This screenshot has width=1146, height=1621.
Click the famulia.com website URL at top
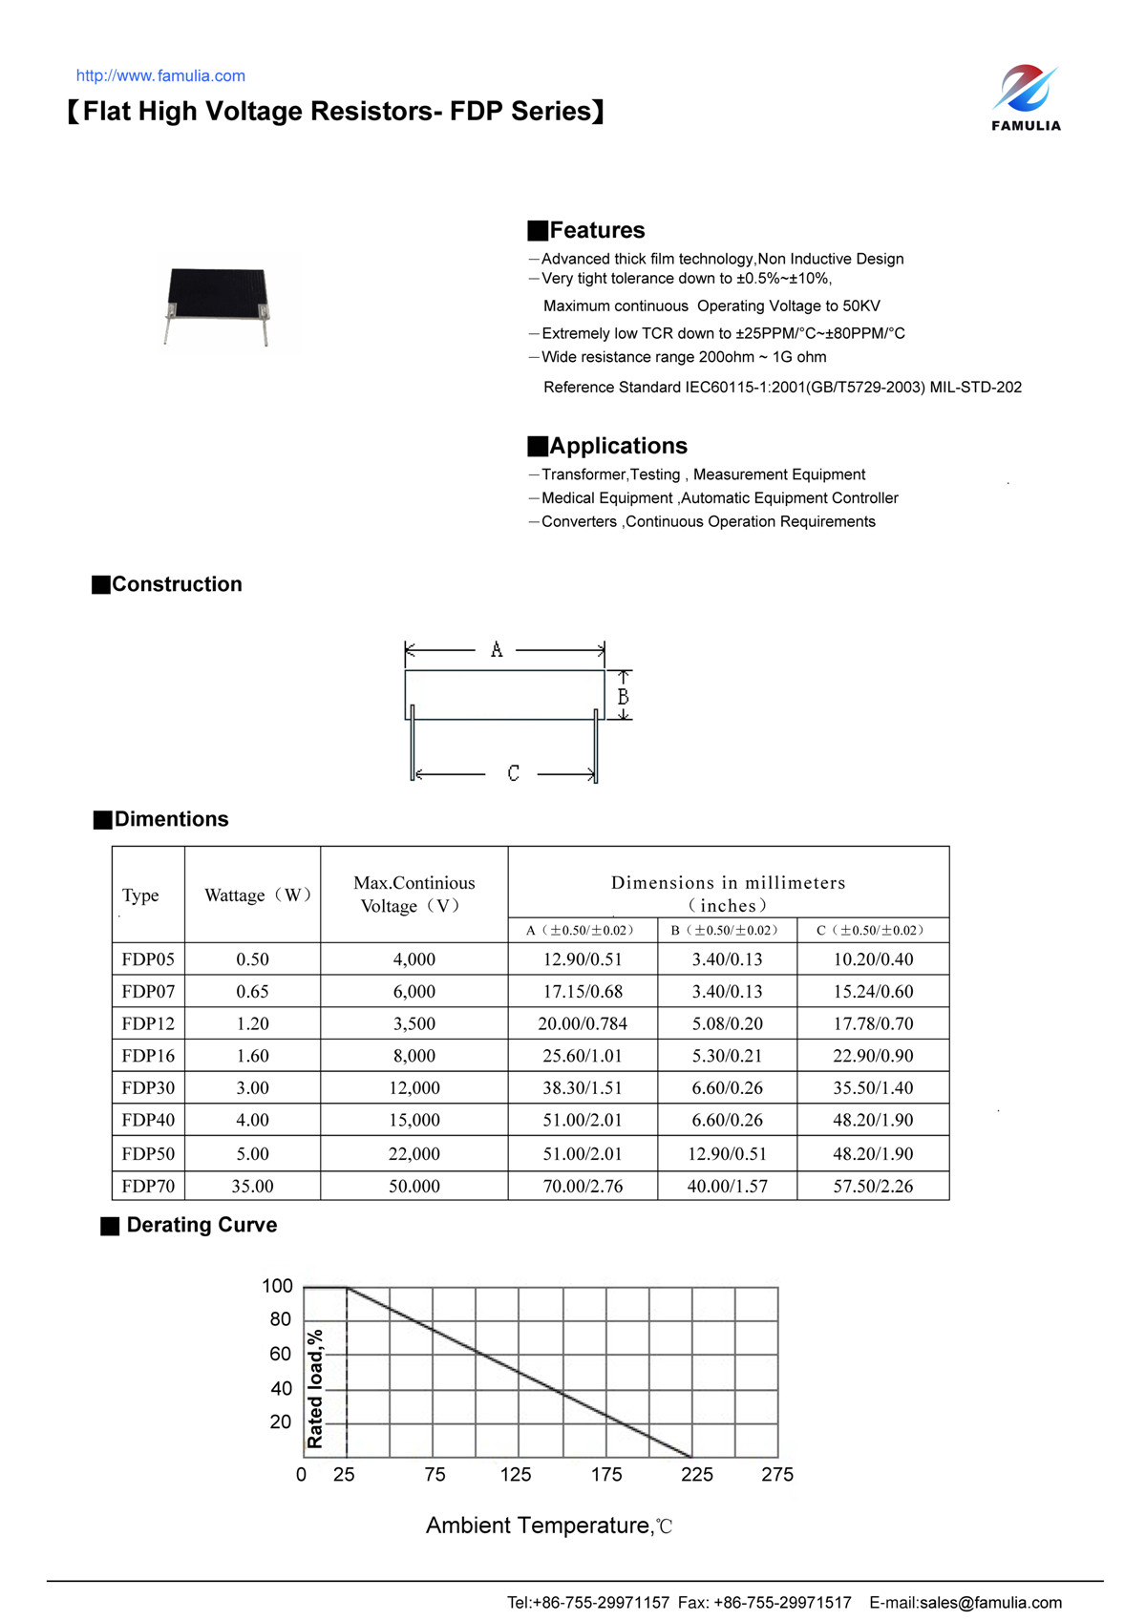pyautogui.click(x=160, y=76)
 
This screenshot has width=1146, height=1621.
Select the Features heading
pyautogui.click(x=597, y=230)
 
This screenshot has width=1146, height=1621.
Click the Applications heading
pyautogui.click(x=618, y=446)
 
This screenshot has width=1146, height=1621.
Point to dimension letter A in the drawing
pyautogui.click(x=497, y=650)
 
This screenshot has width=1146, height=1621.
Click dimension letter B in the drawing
pyautogui.click(x=623, y=697)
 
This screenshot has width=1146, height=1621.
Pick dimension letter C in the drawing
pyautogui.click(x=513, y=773)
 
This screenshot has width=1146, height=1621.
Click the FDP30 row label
pyautogui.click(x=148, y=1087)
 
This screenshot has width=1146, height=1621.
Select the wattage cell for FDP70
pyautogui.click(x=252, y=1186)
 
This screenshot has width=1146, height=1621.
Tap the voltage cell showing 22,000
pyautogui.click(x=414, y=1153)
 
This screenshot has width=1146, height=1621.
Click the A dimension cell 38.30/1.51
pyautogui.click(x=583, y=1087)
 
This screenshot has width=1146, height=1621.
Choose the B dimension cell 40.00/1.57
pyautogui.click(x=727, y=1186)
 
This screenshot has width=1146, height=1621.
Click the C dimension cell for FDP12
pyautogui.click(x=873, y=1023)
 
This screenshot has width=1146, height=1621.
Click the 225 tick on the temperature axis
pyautogui.click(x=697, y=1474)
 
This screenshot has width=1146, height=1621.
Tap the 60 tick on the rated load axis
pyautogui.click(x=280, y=1354)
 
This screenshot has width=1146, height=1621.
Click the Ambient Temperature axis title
pyautogui.click(x=549, y=1526)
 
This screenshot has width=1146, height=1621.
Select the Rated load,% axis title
pyautogui.click(x=315, y=1388)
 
